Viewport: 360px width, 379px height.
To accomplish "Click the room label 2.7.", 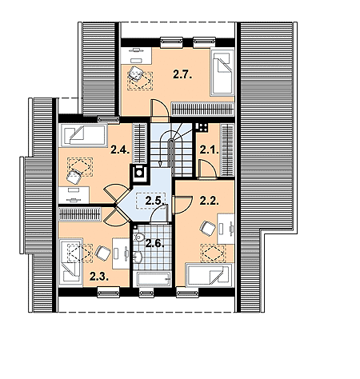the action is pyautogui.click(x=182, y=74).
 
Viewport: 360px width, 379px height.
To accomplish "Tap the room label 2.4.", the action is pyautogui.click(x=120, y=150).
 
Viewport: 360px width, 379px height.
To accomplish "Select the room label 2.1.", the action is pyautogui.click(x=210, y=150).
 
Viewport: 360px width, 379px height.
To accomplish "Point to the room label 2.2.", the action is pyautogui.click(x=210, y=201).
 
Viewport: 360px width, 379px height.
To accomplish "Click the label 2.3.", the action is pyautogui.click(x=99, y=277).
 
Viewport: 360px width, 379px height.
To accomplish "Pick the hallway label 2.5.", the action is pyautogui.click(x=154, y=201).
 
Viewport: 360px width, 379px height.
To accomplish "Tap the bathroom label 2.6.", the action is pyautogui.click(x=154, y=243).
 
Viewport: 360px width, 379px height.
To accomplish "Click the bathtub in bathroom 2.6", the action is pyautogui.click(x=154, y=279).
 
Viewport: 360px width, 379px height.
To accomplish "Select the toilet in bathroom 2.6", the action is pyautogui.click(x=138, y=237).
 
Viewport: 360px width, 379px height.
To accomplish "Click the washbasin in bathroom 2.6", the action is pyautogui.click(x=138, y=257).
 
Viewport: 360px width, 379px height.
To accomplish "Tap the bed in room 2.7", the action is pyautogui.click(x=222, y=71).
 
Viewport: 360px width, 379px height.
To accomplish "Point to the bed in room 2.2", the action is pyautogui.click(x=210, y=275).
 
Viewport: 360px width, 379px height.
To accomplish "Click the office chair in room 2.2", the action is pyautogui.click(x=207, y=229).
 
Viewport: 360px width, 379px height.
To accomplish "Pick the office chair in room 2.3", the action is pyautogui.click(x=103, y=253).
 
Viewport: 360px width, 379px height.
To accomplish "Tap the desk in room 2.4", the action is pyautogui.click(x=74, y=195).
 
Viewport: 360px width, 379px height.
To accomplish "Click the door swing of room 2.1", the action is pyautogui.click(x=208, y=168).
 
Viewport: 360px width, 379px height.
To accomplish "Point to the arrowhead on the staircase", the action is pyautogui.click(x=160, y=164).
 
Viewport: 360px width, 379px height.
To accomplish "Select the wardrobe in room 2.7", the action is pyautogui.click(x=202, y=109).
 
